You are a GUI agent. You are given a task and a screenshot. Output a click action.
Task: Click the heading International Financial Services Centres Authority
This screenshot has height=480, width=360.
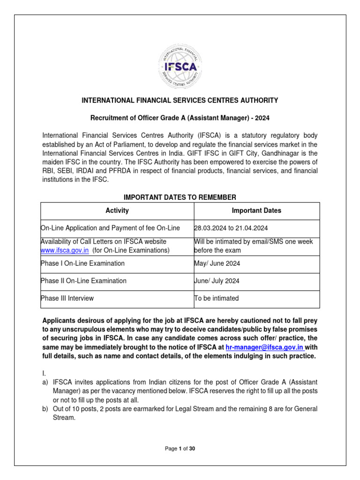pyautogui.click(x=180, y=100)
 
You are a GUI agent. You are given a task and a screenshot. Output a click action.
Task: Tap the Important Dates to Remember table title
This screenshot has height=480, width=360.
pyautogui.click(x=180, y=197)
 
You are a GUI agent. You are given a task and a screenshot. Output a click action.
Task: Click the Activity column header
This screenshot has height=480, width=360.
pyautogui.click(x=117, y=210)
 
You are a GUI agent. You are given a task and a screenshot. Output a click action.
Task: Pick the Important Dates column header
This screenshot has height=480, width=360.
pyautogui.click(x=256, y=210)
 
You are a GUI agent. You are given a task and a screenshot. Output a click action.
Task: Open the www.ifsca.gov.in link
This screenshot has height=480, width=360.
pyautogui.click(x=65, y=250)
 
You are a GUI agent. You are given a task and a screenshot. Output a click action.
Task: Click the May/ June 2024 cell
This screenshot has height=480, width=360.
pyautogui.click(x=217, y=263)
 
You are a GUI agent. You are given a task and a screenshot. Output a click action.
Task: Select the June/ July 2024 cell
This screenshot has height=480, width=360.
pyautogui.click(x=218, y=281)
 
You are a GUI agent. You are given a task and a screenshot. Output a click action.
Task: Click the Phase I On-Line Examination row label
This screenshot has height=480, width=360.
pyautogui.click(x=83, y=263)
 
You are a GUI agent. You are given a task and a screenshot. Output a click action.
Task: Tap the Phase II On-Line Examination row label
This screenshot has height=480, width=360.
pyautogui.click(x=84, y=281)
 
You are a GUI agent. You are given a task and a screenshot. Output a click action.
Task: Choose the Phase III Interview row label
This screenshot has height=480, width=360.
pyautogui.click(x=67, y=298)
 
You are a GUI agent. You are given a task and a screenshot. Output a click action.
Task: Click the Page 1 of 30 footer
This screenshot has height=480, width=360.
pyautogui.click(x=180, y=449)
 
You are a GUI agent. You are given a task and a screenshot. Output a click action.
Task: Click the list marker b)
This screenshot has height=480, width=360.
pyautogui.click(x=45, y=409)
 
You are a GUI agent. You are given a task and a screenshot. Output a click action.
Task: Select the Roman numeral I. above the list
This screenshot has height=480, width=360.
pyautogui.click(x=44, y=373)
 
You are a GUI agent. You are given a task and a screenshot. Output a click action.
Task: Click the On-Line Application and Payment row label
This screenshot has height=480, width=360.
pyautogui.click(x=111, y=228)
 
